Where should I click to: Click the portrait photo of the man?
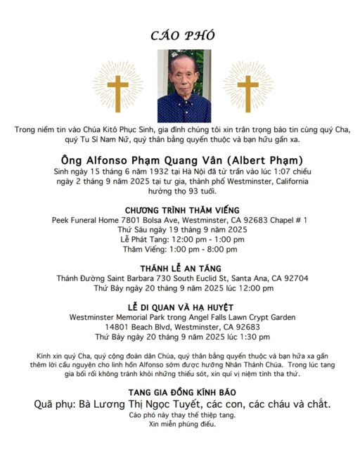click(183, 86)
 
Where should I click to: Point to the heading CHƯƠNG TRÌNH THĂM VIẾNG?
click(182, 210)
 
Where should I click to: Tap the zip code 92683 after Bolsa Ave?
click(250, 220)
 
